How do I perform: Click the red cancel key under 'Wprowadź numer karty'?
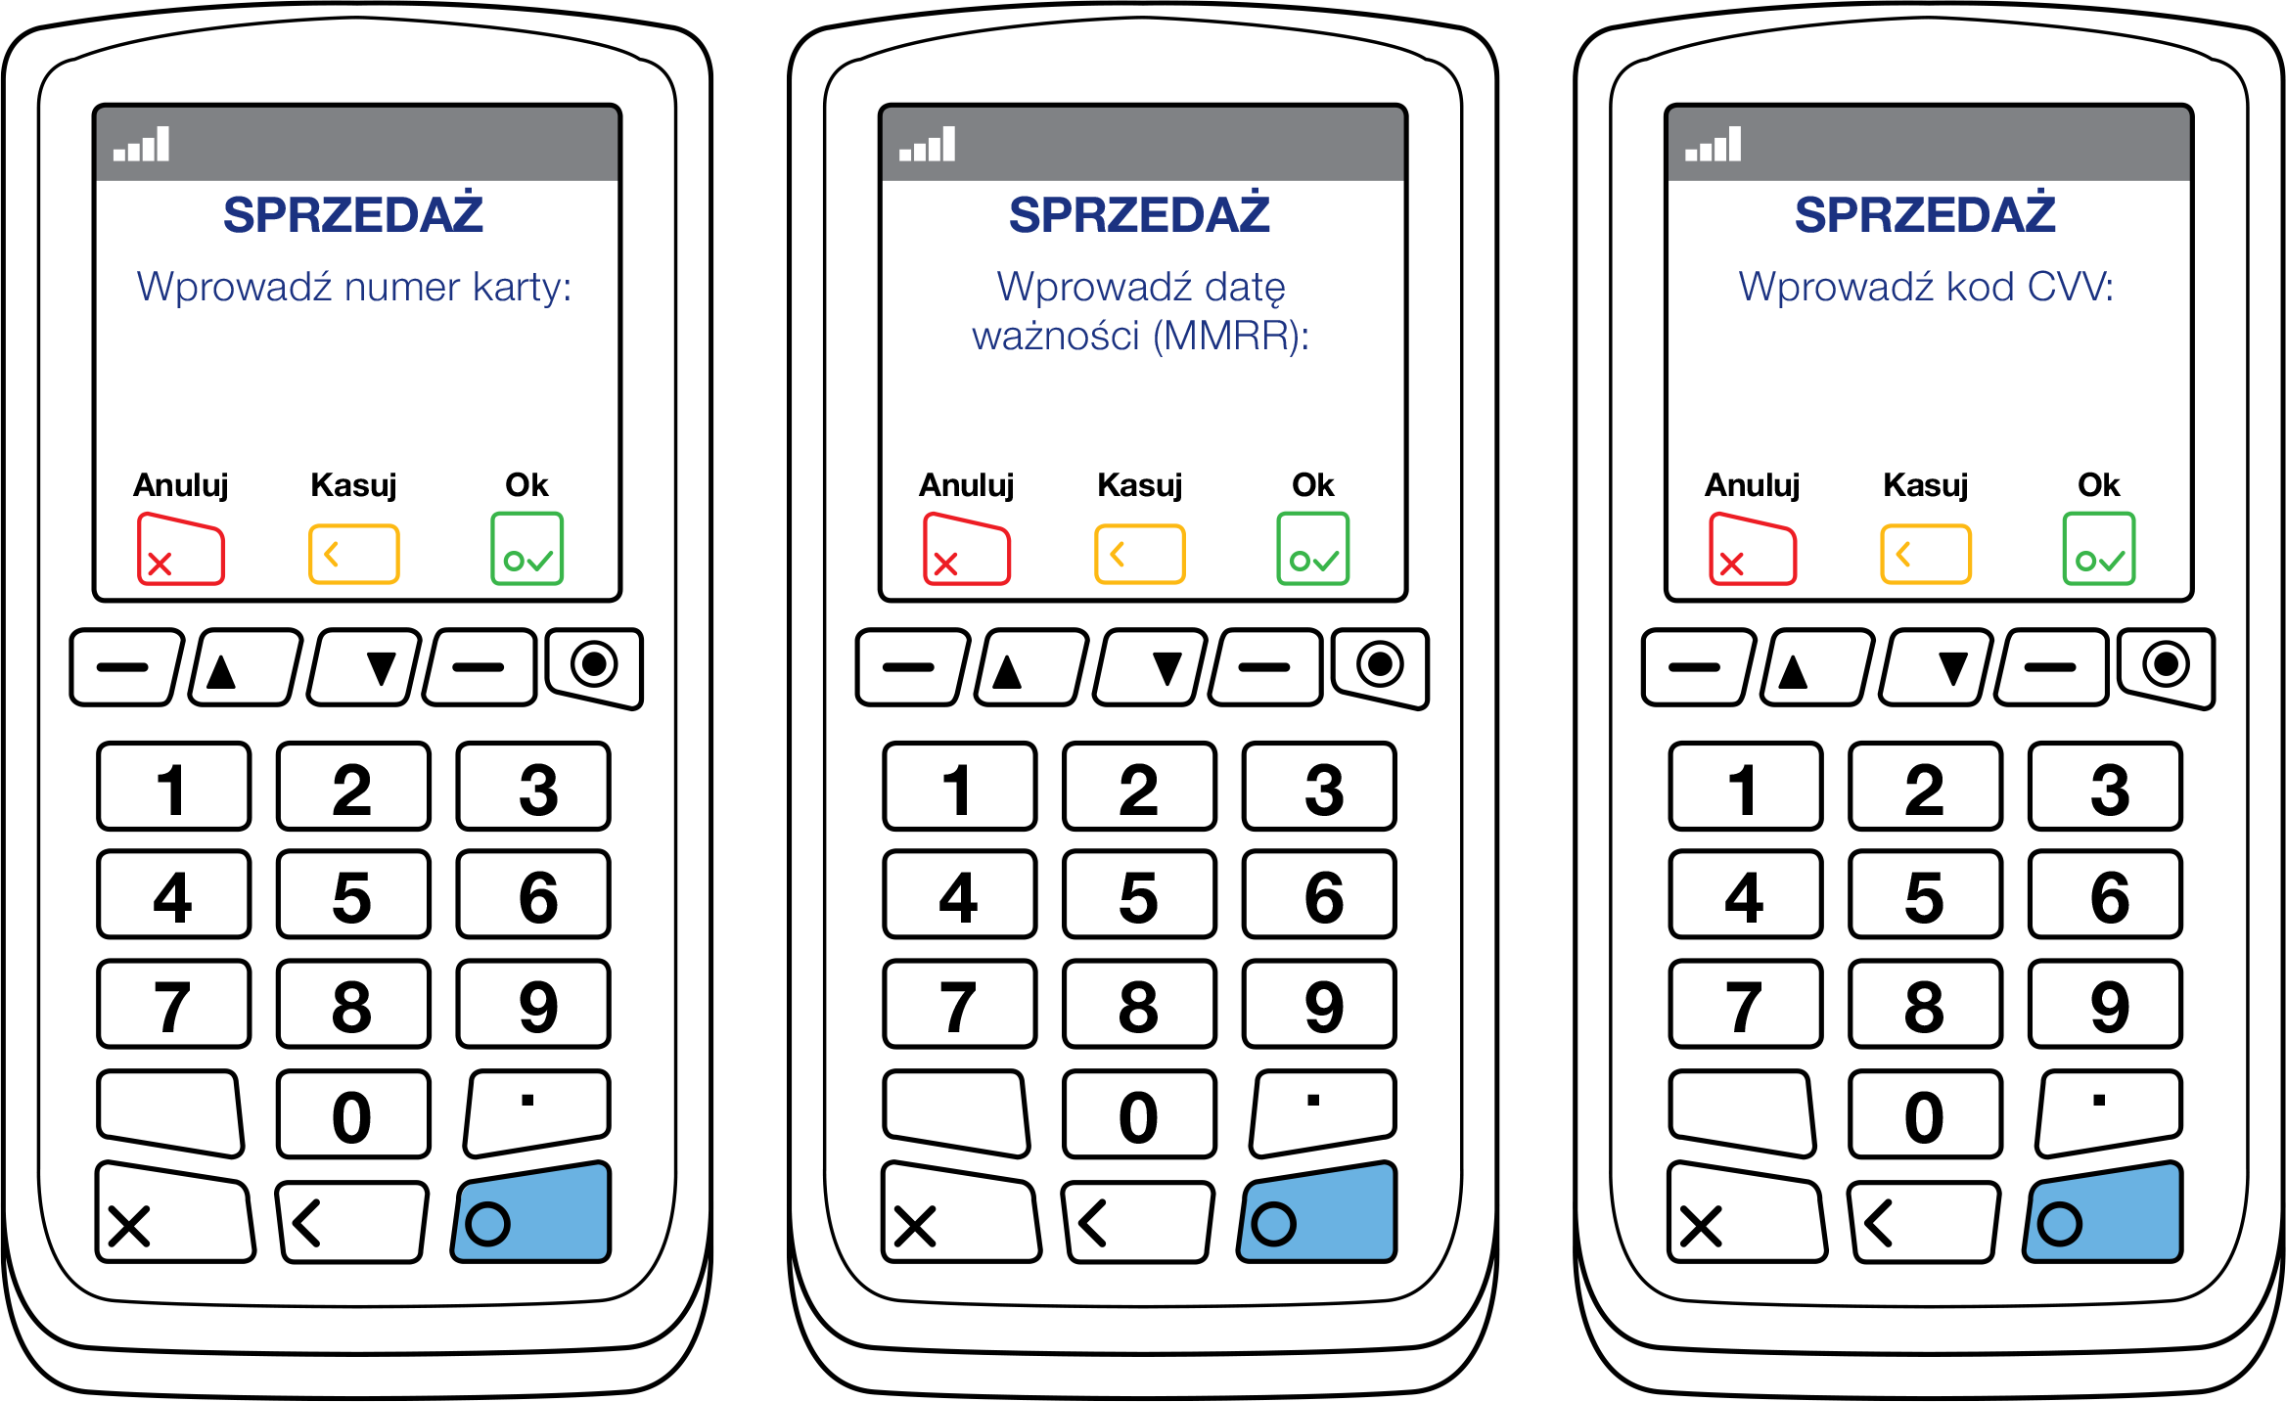click(181, 549)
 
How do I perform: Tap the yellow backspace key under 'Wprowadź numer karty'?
click(353, 554)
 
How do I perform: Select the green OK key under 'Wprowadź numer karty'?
click(526, 549)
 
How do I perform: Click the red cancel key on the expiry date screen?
click(967, 549)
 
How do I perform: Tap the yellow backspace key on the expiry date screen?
click(1139, 554)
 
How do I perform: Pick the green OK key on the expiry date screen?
click(1312, 549)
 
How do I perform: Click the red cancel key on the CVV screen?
click(1753, 549)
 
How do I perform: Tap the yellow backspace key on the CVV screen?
click(1925, 554)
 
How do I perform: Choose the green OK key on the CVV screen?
click(2098, 549)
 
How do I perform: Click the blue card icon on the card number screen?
click(531, 1213)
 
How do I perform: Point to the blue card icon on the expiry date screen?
click(1317, 1213)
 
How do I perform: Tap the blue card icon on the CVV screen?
click(2103, 1213)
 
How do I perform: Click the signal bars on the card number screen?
click(142, 145)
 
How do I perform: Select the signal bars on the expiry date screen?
click(928, 145)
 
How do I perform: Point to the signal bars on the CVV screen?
click(1714, 145)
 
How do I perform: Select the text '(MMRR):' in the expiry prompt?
click(1231, 337)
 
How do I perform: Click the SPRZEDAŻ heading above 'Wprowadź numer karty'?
click(353, 215)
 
